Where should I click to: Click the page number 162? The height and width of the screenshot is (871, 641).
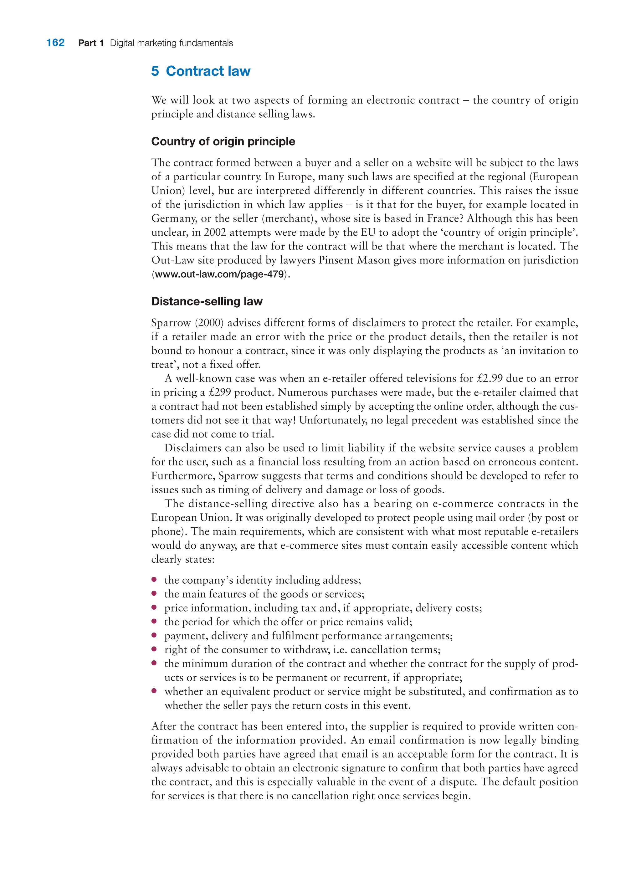click(55, 43)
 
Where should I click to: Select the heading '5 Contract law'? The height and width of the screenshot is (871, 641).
click(201, 71)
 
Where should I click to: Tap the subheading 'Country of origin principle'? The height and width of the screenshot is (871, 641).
click(223, 141)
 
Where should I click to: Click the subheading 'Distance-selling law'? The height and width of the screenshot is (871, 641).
click(207, 301)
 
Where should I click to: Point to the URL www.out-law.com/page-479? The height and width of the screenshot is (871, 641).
click(219, 274)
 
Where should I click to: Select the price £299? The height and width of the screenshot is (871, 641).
click(220, 392)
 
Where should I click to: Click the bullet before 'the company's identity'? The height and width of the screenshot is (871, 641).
click(154, 579)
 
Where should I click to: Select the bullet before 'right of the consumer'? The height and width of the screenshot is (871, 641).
click(154, 649)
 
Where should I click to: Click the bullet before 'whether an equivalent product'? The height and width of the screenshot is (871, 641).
click(154, 691)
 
